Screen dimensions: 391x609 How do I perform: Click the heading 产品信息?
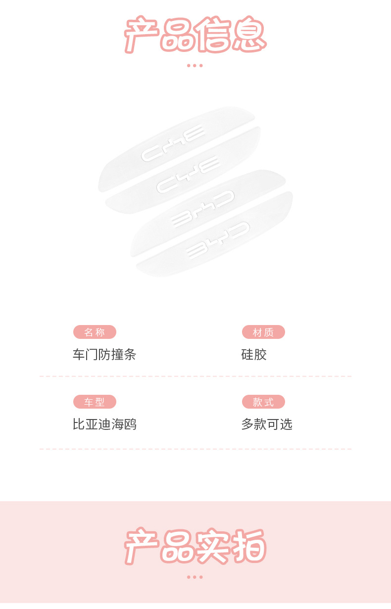tap(195, 35)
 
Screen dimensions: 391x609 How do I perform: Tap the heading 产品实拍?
tap(195, 546)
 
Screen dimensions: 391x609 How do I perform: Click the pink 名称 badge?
tap(95, 332)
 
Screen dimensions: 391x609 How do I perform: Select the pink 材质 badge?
tap(263, 332)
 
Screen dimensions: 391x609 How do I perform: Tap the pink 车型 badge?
tap(95, 402)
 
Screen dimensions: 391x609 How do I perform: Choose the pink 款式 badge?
tap(263, 402)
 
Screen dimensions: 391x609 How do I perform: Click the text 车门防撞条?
tap(104, 354)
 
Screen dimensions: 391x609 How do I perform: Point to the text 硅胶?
tap(254, 354)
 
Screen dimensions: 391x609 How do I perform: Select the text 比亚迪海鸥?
tap(104, 424)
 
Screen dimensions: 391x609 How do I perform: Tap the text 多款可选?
tap(267, 424)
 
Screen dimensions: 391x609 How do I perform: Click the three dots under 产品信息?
tap(195, 65)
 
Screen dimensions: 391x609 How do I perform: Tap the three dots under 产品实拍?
tap(195, 577)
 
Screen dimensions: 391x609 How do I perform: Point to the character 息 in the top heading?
tap(249, 35)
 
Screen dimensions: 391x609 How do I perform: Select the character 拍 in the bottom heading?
tap(249, 546)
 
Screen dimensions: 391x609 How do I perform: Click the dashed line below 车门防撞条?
tap(195, 376)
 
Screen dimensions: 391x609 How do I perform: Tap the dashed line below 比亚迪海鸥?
tap(195, 449)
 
